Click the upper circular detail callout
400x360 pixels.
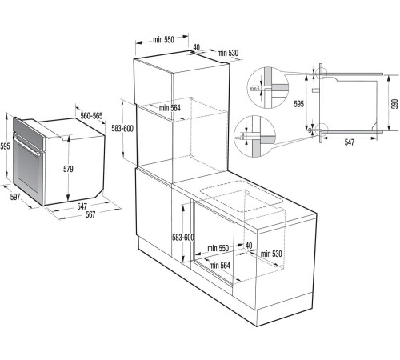click(x=264, y=84)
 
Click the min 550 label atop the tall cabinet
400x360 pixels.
click(x=165, y=38)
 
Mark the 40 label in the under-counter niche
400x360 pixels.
click(x=249, y=246)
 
